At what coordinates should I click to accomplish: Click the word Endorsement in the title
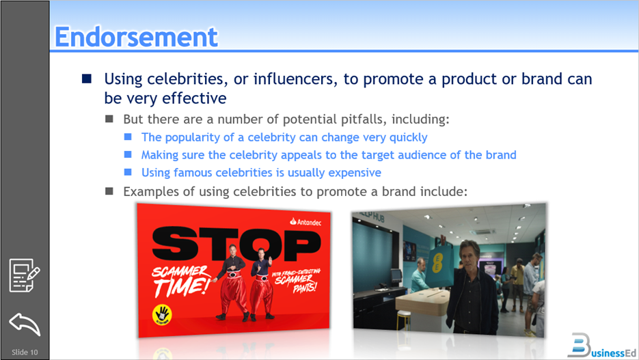(x=136, y=37)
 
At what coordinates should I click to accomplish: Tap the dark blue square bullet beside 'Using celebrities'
(x=86, y=79)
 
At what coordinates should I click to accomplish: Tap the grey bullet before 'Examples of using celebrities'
(x=109, y=192)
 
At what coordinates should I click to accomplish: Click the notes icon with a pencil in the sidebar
(x=24, y=275)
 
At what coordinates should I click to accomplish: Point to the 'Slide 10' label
(x=25, y=352)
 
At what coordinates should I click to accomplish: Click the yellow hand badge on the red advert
(x=162, y=314)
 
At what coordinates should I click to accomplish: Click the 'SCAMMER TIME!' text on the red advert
(x=180, y=280)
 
